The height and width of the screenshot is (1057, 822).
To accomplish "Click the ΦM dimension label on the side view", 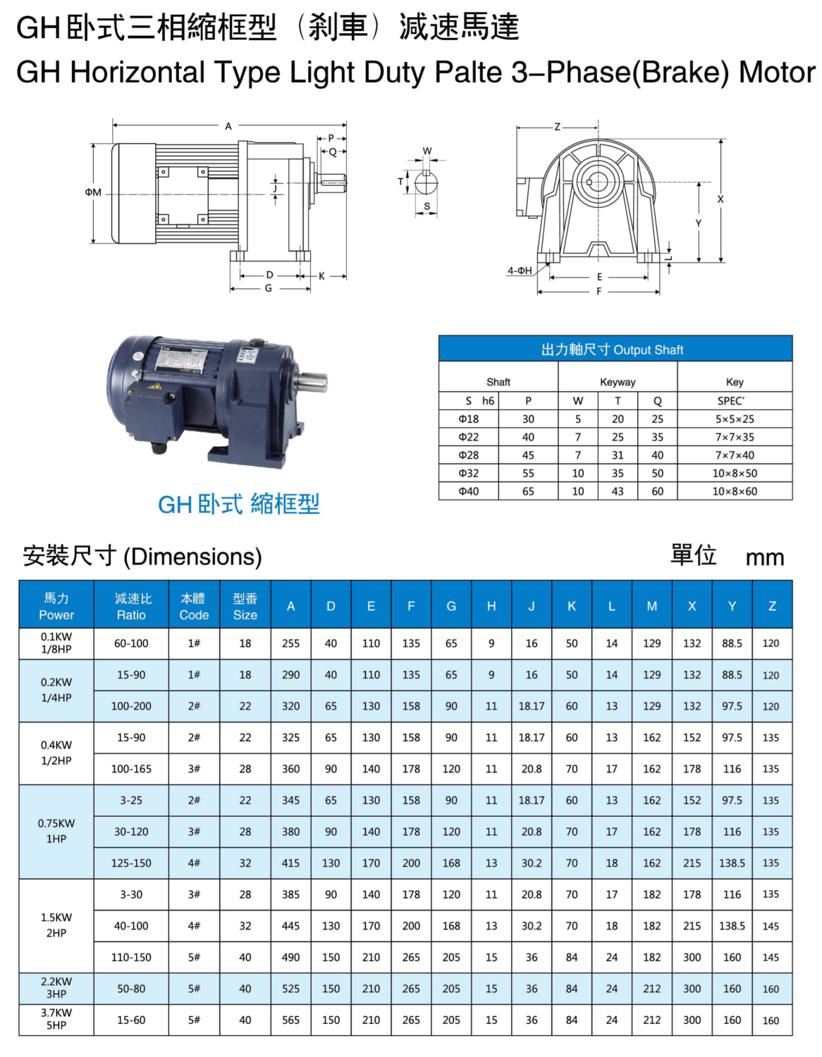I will point(93,192).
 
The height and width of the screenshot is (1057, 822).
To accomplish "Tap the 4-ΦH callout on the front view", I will point(520,271).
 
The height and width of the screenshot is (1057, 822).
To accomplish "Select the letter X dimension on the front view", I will point(720,199).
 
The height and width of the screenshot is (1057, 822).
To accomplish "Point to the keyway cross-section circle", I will point(427,183).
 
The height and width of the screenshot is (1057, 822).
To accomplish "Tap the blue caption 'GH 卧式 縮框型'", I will point(238,504).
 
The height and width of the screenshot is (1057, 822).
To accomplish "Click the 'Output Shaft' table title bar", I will point(615,350).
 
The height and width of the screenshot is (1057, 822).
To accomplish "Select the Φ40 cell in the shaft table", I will point(469,491).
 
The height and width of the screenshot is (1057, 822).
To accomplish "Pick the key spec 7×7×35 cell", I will point(735,437).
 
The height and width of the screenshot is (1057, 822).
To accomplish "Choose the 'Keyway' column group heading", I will point(618,382).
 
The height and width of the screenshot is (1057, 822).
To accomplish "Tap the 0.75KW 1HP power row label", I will point(56,831).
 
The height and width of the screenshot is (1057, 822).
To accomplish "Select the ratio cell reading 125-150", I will point(131,863).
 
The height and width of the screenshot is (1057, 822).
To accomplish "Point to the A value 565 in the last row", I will point(290,1020).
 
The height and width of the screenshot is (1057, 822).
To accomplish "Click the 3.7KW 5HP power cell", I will point(56,1019).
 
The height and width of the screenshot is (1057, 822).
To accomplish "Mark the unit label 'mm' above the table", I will point(765,557).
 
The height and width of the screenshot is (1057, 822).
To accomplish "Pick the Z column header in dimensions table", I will point(772,606).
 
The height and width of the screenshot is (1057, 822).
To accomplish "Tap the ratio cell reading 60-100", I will point(131,643).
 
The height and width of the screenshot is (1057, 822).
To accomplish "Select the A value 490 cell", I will point(290,957).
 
